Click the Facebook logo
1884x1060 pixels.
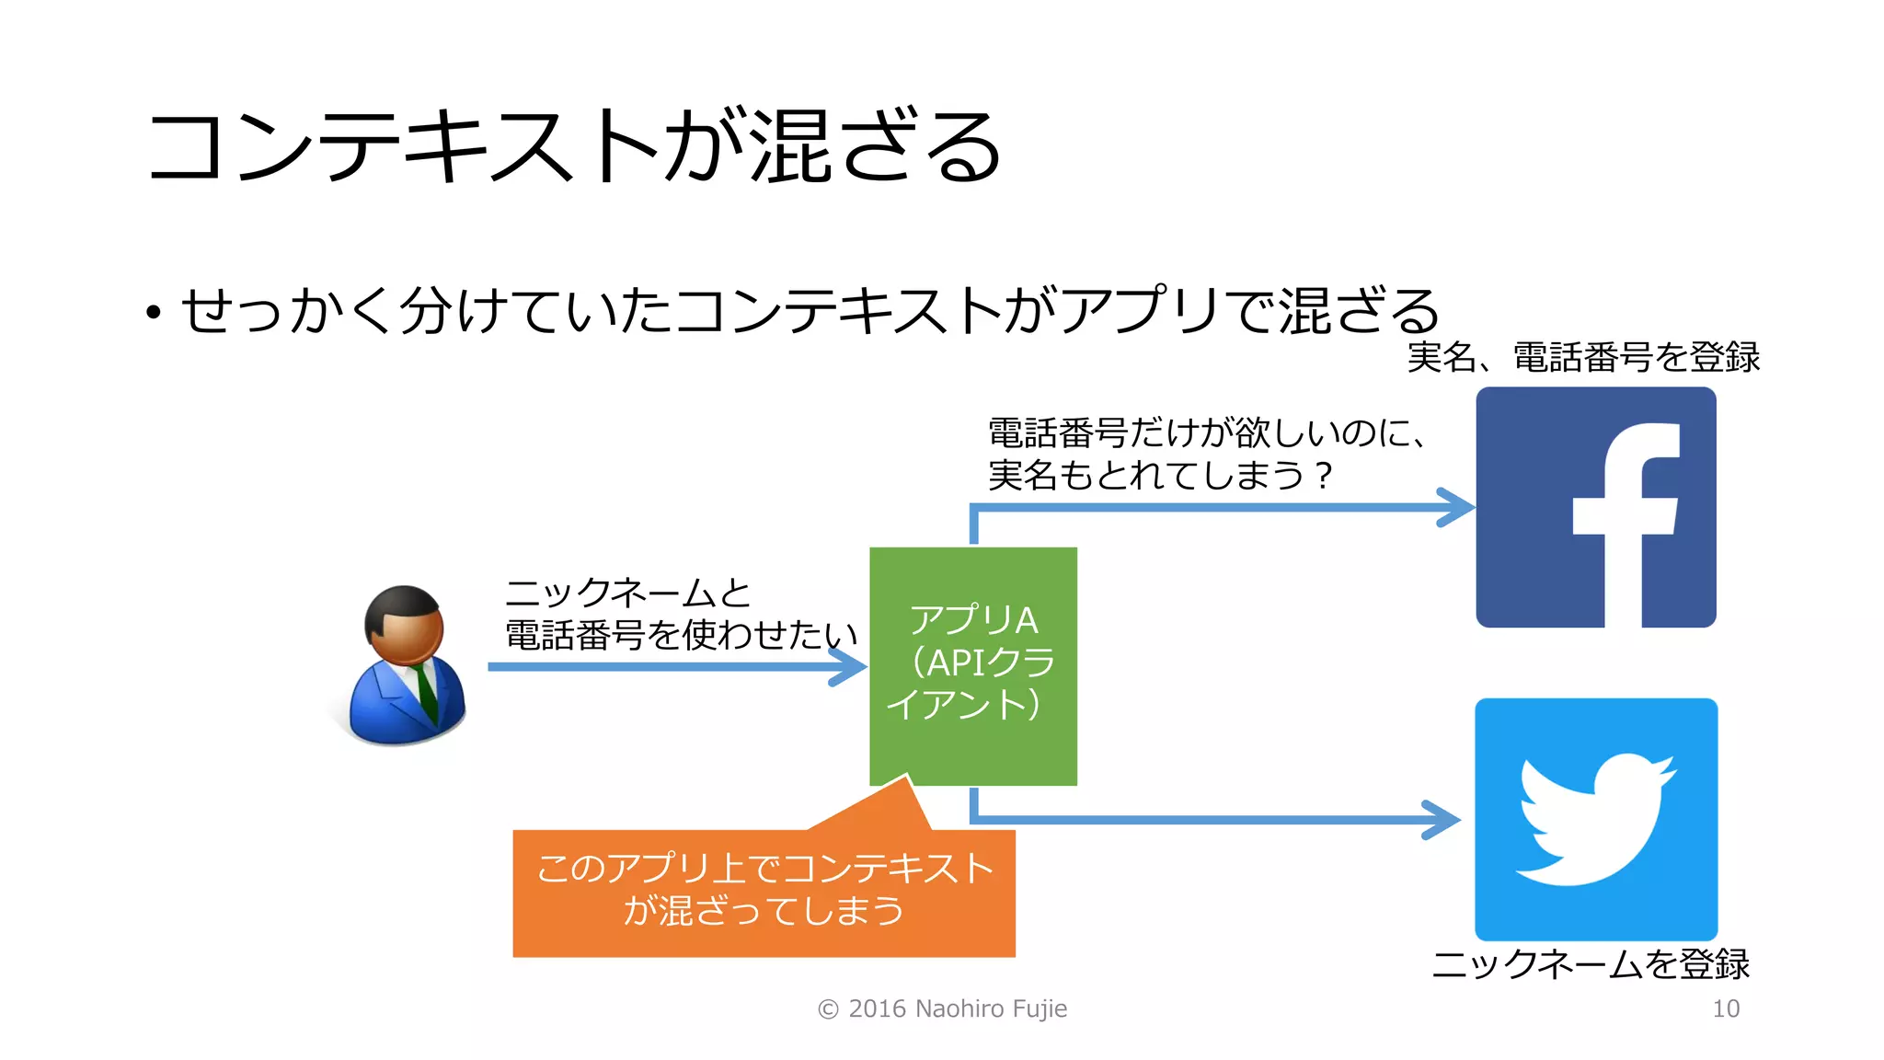pos(1596,507)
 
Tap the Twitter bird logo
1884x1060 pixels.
pos(1596,818)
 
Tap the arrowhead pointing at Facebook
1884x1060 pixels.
pos(1457,507)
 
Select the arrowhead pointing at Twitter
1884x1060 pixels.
pos(1442,819)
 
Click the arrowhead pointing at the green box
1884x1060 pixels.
pos(848,666)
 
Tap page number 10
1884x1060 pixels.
pos(1726,1009)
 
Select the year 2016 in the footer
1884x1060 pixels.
pos(878,1009)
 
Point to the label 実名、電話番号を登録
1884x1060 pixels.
pos(1583,357)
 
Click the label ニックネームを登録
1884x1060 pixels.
pos(1591,964)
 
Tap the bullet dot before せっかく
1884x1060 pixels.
pos(153,313)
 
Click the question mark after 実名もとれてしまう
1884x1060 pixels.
pos(1323,476)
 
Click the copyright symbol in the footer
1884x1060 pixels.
pos(828,1009)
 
